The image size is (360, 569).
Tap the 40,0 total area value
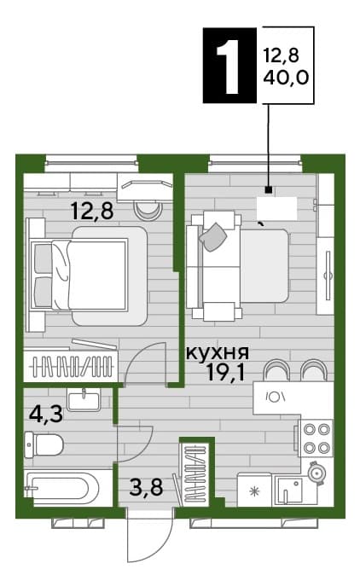pos(286,78)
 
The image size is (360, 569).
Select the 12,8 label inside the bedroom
pos(92,211)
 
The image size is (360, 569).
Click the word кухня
pos(218,352)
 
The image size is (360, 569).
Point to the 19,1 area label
pos(225,372)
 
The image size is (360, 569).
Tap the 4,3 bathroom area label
pos(46,414)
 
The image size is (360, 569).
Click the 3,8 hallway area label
pos(146,487)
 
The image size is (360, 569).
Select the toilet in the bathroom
pos(44,445)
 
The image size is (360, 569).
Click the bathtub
pos(61,489)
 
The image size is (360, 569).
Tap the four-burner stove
pos(316,438)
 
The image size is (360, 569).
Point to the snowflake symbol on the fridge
pos(254,491)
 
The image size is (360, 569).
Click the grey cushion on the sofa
pos(212,237)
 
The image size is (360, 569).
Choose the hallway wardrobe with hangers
pos(196,473)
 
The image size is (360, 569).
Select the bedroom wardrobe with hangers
pos(71,366)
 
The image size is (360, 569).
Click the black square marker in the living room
pos(268,189)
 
